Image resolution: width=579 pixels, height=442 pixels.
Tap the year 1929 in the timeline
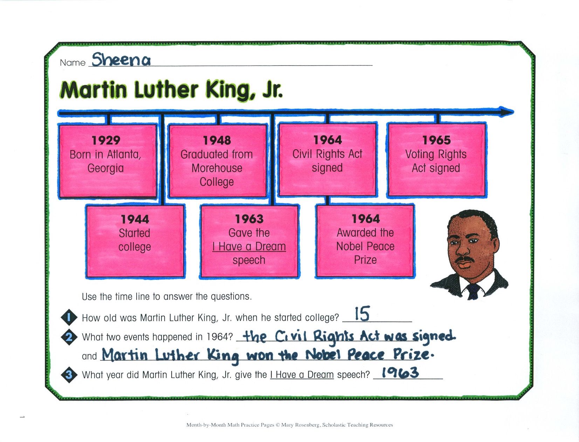click(106, 140)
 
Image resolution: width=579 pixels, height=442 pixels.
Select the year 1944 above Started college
click(135, 219)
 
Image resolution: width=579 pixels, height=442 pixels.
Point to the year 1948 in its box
click(217, 140)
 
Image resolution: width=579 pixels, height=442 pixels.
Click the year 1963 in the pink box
click(249, 219)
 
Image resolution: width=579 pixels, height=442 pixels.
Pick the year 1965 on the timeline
click(436, 140)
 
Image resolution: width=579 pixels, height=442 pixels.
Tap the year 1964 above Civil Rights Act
click(328, 140)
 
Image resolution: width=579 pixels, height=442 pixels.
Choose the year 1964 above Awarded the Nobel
click(366, 218)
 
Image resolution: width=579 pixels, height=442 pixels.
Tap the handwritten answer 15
click(362, 314)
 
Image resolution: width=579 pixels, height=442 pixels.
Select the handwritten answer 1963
click(400, 373)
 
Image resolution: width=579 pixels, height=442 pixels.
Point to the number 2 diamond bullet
click(69, 337)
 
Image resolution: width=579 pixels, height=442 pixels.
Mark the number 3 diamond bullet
click(69, 374)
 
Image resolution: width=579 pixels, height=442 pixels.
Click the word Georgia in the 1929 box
click(105, 168)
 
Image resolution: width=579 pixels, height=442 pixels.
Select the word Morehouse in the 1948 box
click(217, 168)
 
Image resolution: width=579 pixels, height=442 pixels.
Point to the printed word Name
click(73, 63)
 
